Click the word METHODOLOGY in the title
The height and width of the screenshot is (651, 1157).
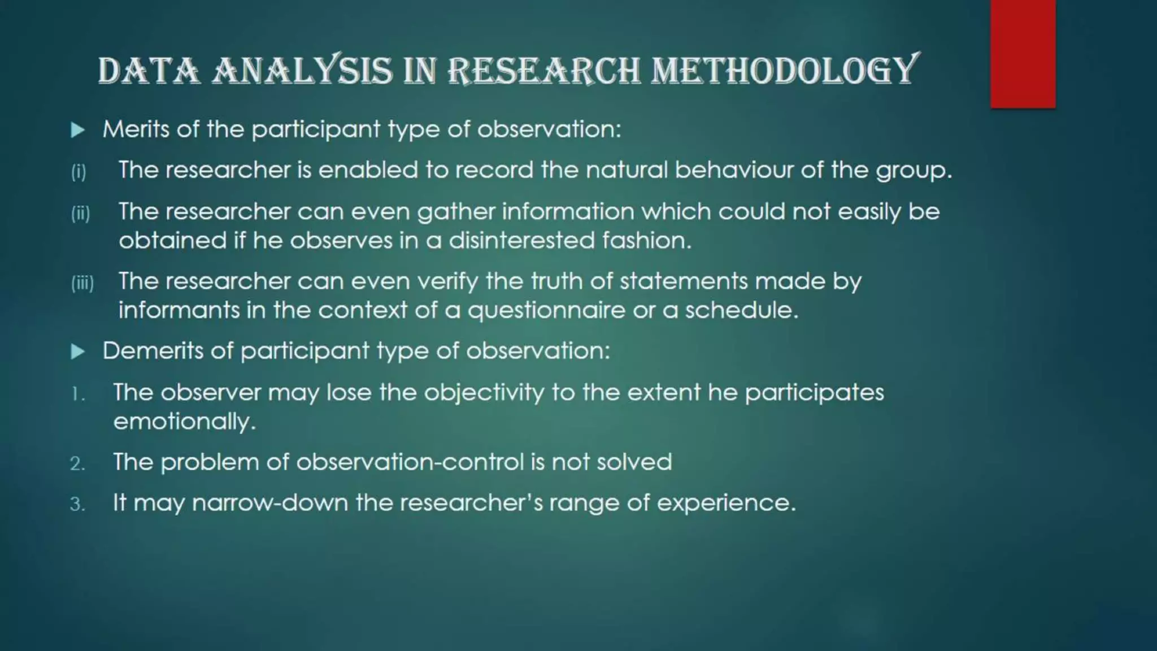click(785, 71)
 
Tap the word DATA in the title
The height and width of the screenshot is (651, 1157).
click(149, 71)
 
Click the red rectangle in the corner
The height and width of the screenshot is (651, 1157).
click(1023, 54)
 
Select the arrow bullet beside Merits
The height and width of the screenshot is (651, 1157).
click(78, 131)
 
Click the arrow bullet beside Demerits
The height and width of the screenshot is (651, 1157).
click(78, 352)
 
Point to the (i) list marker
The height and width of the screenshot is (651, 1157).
click(79, 171)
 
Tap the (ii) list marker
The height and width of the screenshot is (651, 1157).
click(80, 214)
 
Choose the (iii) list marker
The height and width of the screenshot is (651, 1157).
click(82, 283)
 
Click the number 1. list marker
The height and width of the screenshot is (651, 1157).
click(78, 394)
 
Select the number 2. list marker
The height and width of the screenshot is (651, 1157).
click(78, 464)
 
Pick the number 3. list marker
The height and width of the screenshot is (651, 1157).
click(78, 504)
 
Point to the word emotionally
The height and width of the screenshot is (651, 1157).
click(184, 422)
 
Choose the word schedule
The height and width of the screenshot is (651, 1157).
click(741, 310)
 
